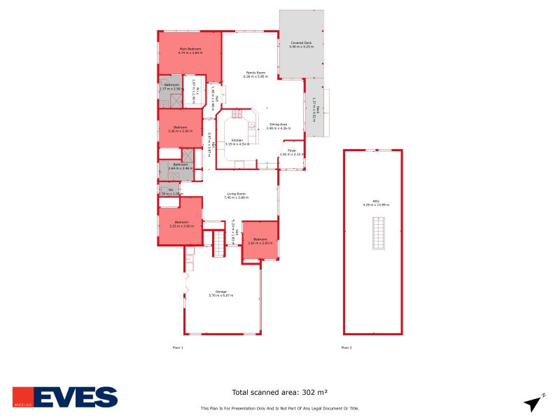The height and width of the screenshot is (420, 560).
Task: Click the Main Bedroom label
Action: (x=190, y=49)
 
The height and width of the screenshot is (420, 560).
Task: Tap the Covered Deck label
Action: (x=301, y=43)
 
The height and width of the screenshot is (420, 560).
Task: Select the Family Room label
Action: (x=255, y=73)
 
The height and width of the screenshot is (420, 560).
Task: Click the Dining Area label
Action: (x=278, y=125)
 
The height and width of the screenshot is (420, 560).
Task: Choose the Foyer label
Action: (x=292, y=150)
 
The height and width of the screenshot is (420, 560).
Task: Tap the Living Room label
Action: (x=235, y=194)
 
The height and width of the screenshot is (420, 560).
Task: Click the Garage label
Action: (x=220, y=292)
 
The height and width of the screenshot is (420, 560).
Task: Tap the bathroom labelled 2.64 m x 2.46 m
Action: (x=180, y=166)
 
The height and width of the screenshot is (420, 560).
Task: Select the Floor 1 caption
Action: (x=178, y=347)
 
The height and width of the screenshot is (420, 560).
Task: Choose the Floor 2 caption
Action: (x=346, y=347)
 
